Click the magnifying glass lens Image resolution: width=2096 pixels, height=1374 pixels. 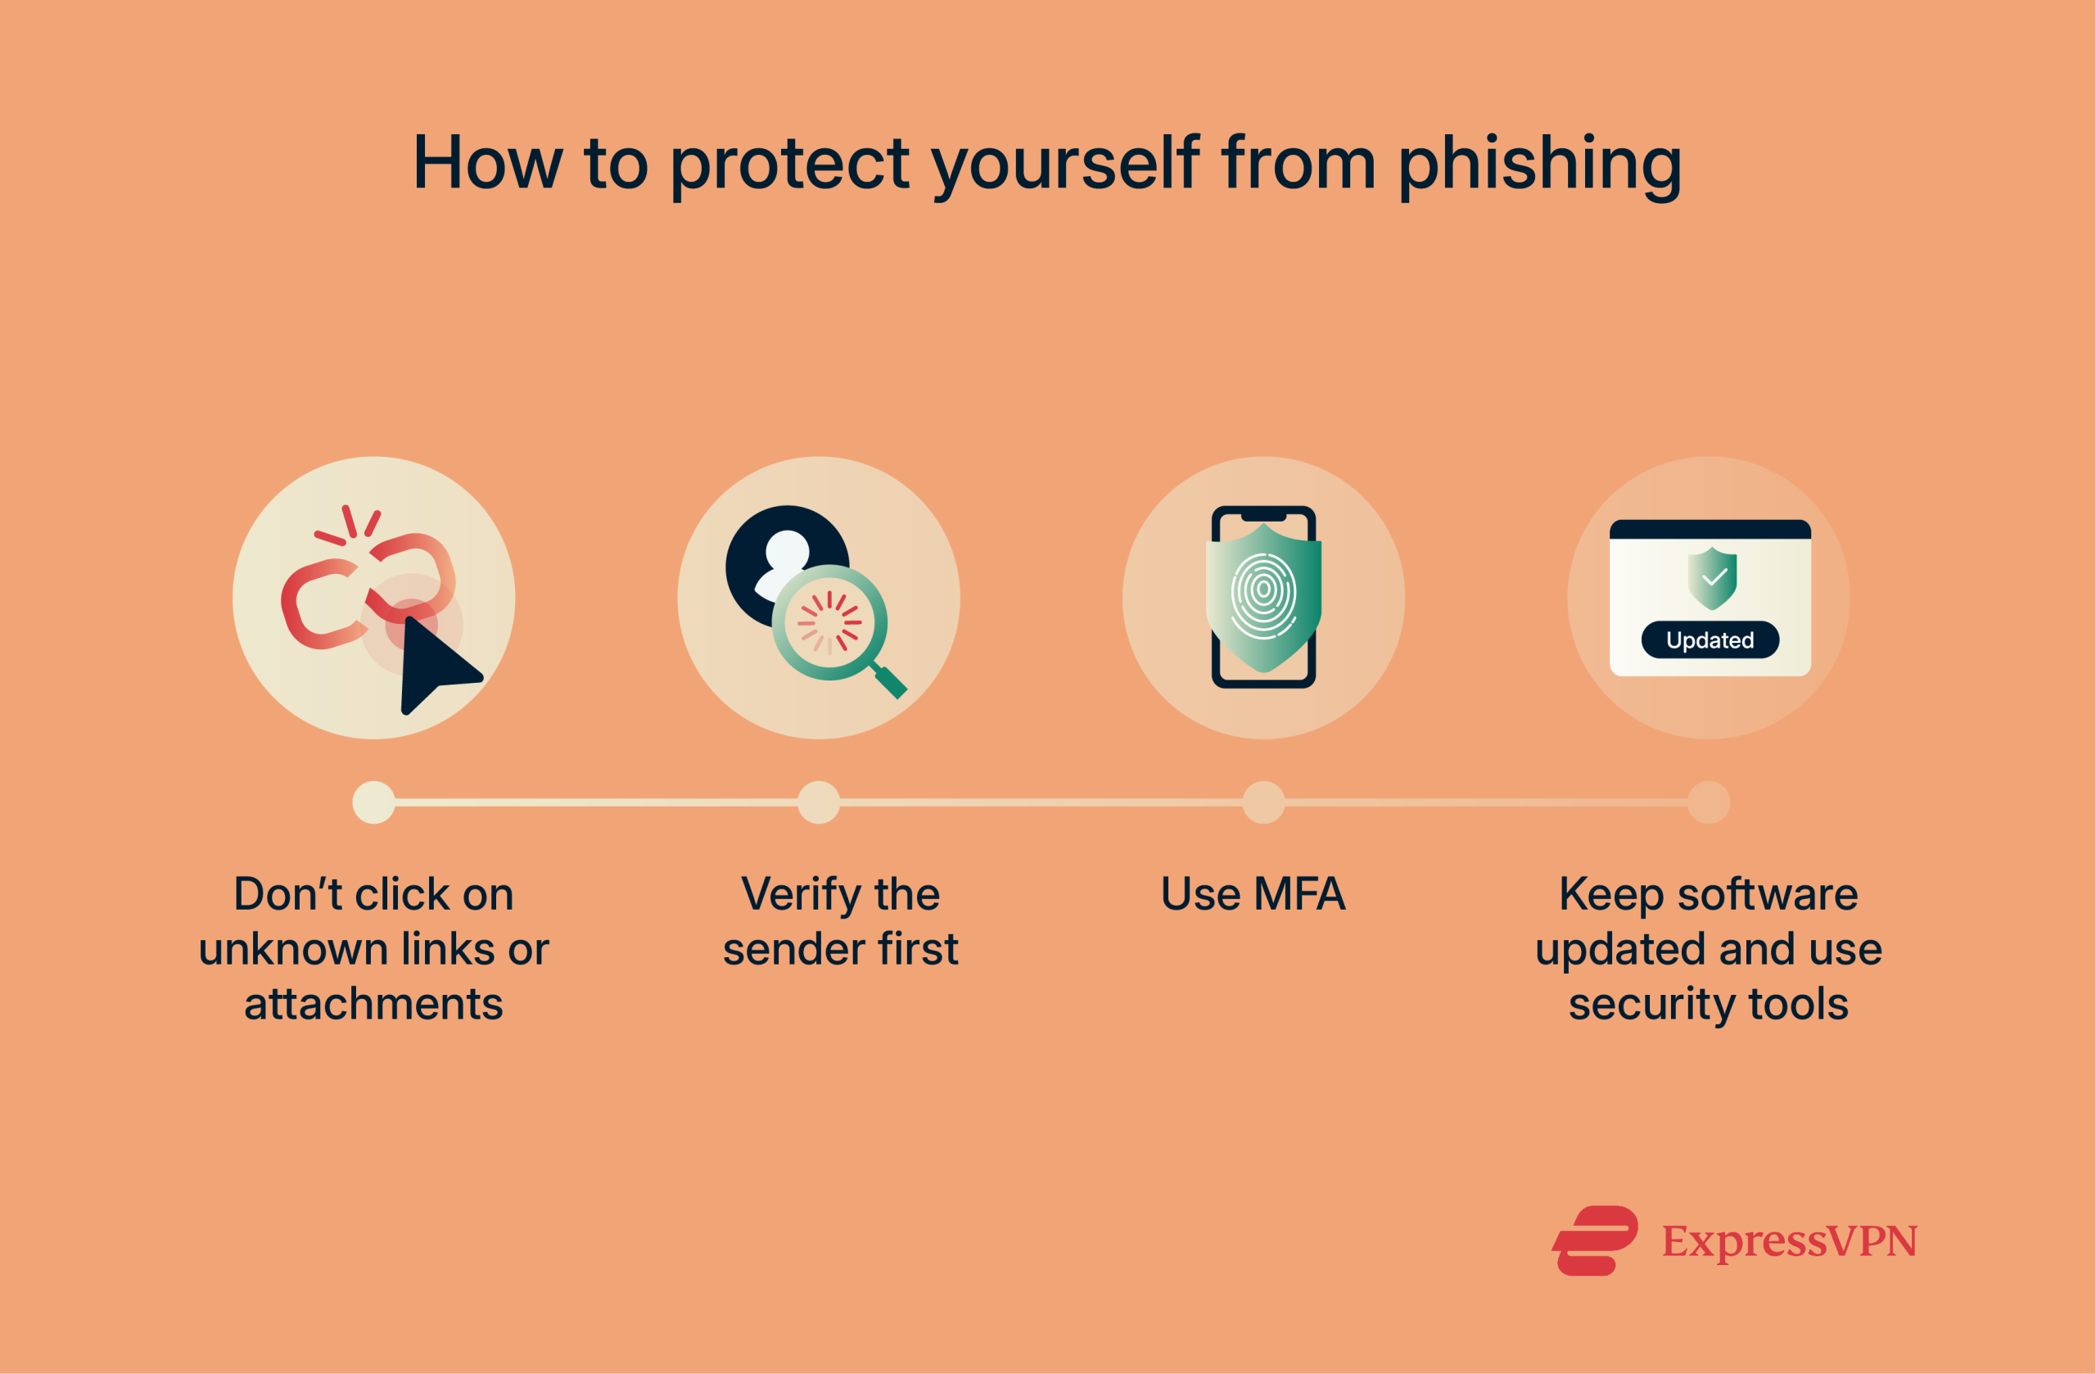point(829,621)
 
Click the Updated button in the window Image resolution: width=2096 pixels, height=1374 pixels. point(1710,640)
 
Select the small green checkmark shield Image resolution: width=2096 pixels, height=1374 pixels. point(1711,578)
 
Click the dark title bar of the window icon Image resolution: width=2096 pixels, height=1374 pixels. point(1710,529)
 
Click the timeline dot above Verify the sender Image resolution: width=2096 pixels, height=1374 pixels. point(818,802)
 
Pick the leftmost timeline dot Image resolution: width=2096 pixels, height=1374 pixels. point(373,802)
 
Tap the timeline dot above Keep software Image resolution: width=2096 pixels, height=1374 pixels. point(1709,802)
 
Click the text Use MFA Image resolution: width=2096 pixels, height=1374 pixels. point(1253,894)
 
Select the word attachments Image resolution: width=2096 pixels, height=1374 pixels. point(373,1004)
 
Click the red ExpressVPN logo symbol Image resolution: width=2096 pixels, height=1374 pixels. point(1594,1241)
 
